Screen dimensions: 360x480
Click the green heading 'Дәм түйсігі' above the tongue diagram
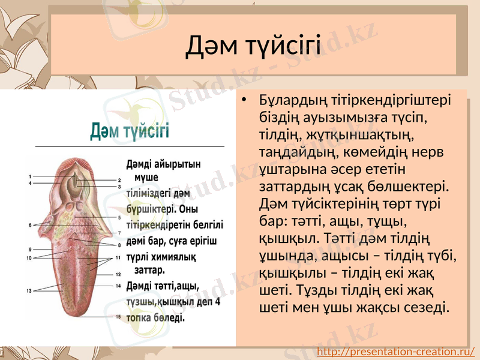pyautogui.click(x=130, y=131)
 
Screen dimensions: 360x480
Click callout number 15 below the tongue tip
pyautogui.click(x=119, y=316)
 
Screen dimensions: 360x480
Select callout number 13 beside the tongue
pyautogui.click(x=29, y=291)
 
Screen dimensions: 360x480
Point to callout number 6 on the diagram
pyautogui.click(x=29, y=225)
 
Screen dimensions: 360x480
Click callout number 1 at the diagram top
pyautogui.click(x=29, y=176)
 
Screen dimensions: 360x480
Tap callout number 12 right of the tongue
pyautogui.click(x=119, y=274)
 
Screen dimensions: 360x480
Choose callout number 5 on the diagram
pyautogui.click(x=119, y=217)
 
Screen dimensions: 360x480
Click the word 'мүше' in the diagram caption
pyautogui.click(x=147, y=178)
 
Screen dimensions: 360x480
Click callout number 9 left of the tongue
pyautogui.click(x=29, y=249)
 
